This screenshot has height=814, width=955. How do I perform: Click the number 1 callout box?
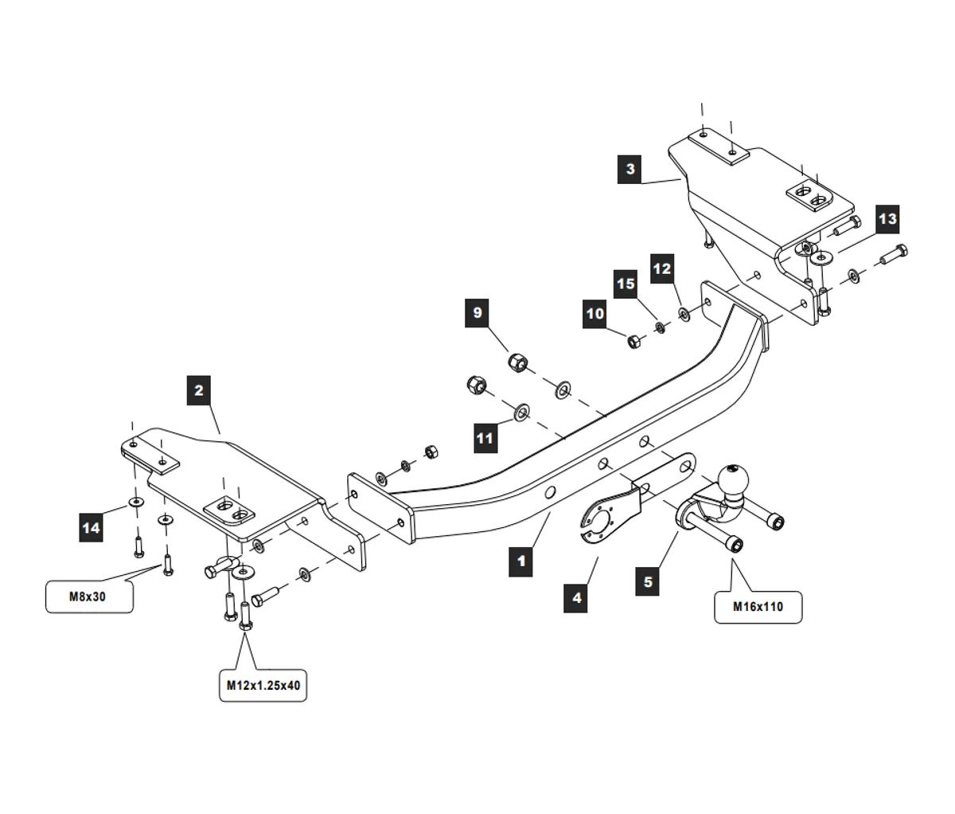point(521,561)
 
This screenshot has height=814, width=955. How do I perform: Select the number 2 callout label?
point(199,390)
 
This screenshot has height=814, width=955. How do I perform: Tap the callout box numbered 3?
point(630,169)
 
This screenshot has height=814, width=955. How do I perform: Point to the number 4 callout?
point(576,597)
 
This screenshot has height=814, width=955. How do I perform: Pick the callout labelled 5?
point(648,581)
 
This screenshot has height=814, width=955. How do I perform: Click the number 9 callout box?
point(477,312)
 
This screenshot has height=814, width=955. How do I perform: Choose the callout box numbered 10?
point(595,314)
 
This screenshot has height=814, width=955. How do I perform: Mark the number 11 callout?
point(485,438)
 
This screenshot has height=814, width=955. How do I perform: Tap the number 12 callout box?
point(662,268)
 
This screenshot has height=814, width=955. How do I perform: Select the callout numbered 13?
point(887,219)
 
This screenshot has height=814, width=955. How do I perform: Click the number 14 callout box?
point(92,527)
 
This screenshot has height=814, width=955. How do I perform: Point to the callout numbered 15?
point(626,284)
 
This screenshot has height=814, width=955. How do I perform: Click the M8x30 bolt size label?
point(88,597)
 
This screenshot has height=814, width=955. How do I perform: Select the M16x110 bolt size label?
point(758,606)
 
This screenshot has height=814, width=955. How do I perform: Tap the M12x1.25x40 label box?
point(262,686)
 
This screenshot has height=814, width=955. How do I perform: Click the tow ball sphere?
point(731,480)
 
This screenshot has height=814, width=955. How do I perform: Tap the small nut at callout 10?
point(634,341)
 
